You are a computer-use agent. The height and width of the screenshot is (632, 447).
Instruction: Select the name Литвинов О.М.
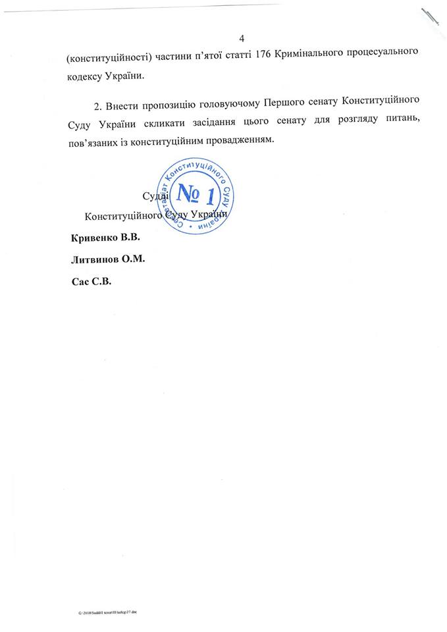[107, 259]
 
